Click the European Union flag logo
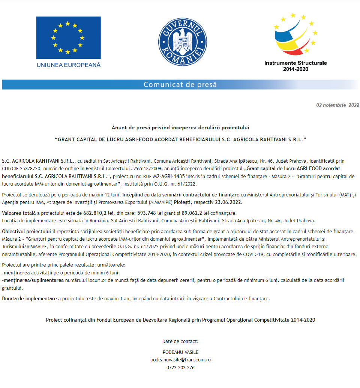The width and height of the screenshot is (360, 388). [68, 38]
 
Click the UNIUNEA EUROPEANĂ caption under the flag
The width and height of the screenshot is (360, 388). [68, 65]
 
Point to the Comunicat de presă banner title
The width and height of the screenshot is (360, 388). [180, 84]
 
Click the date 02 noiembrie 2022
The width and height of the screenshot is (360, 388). [337, 105]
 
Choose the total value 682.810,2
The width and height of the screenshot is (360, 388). [95, 213]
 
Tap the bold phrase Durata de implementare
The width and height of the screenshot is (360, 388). [29, 298]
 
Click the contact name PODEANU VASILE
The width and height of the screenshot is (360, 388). [180, 352]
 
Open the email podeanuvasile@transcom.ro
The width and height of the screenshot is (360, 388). [180, 360]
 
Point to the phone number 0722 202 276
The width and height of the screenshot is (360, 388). [180, 367]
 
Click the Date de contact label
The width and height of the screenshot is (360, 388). [180, 341]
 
